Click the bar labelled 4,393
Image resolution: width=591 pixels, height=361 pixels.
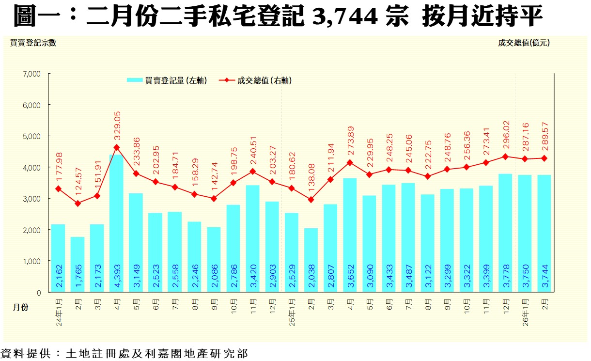coord(116,223)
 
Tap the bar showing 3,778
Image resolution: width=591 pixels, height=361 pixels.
coord(505,233)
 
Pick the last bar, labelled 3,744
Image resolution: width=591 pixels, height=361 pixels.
coord(544,233)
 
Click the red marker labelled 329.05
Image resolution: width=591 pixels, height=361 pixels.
coord(116,147)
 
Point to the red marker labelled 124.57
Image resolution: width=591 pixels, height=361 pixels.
coord(78,204)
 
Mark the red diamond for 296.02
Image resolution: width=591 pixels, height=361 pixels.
coord(505,157)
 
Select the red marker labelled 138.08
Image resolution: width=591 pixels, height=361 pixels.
coord(311,200)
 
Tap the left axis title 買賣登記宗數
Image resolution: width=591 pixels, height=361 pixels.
coord(33,43)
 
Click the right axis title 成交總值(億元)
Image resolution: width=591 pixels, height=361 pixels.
coord(524,43)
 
